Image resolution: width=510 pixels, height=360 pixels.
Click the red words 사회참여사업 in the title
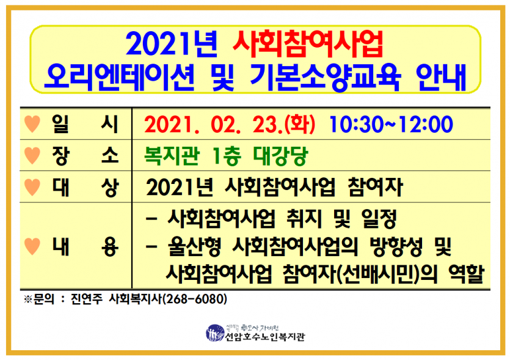tap(308, 44)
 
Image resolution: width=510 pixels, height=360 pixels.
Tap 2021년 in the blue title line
tap(172, 44)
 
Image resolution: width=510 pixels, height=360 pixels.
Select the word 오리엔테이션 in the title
tap(119, 77)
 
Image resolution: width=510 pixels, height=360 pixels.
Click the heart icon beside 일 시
tap(32, 124)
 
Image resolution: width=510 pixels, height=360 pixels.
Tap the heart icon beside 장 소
tap(32, 155)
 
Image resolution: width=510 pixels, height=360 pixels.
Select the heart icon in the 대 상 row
tap(32, 187)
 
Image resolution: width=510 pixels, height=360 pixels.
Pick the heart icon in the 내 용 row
tap(32, 246)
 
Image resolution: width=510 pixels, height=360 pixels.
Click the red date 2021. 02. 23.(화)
tap(230, 124)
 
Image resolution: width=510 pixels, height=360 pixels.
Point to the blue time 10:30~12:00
tap(391, 124)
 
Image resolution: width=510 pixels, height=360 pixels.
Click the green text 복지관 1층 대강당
tap(226, 156)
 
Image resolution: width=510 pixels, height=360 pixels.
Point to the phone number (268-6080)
tap(194, 299)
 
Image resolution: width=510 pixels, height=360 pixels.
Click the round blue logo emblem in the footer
tap(215, 333)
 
